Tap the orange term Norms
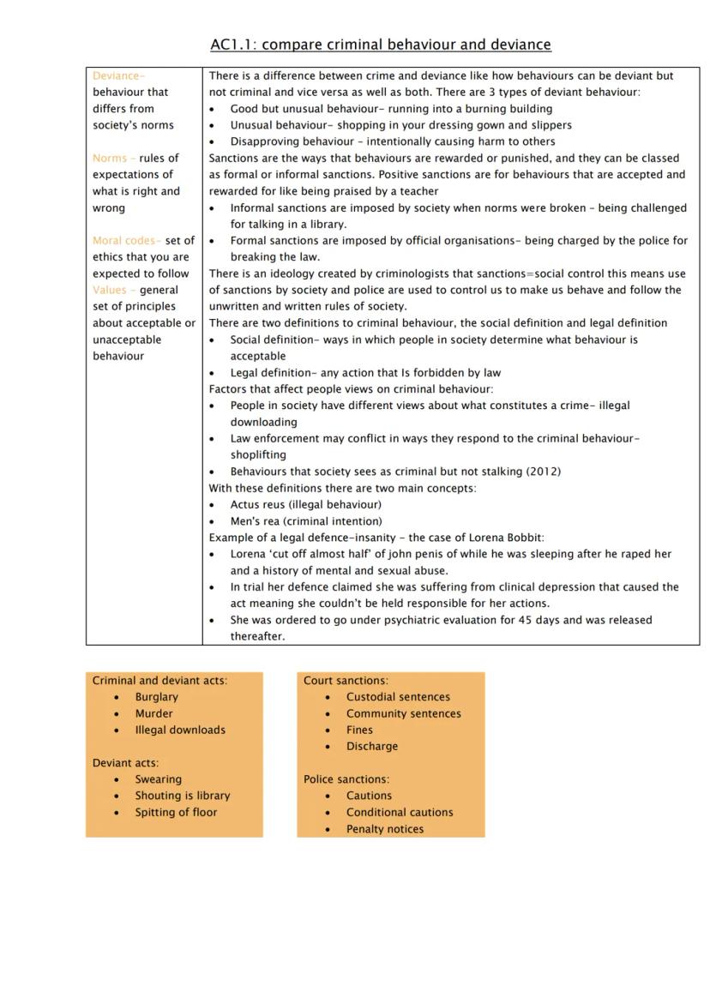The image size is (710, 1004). click(x=110, y=158)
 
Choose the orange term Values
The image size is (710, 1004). click(x=110, y=290)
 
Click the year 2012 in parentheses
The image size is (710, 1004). click(x=543, y=472)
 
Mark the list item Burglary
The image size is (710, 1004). click(x=156, y=697)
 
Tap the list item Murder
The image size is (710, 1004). click(x=153, y=713)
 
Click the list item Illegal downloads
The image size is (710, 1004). click(x=180, y=730)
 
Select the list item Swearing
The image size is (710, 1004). click(x=158, y=779)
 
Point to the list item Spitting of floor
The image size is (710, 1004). click(x=176, y=812)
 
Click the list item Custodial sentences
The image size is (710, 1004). click(x=398, y=697)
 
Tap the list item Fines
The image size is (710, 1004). click(x=359, y=730)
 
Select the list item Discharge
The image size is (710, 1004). click(x=372, y=746)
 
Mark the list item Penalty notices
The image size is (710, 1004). click(x=385, y=829)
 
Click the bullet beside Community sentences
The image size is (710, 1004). click(x=328, y=714)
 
